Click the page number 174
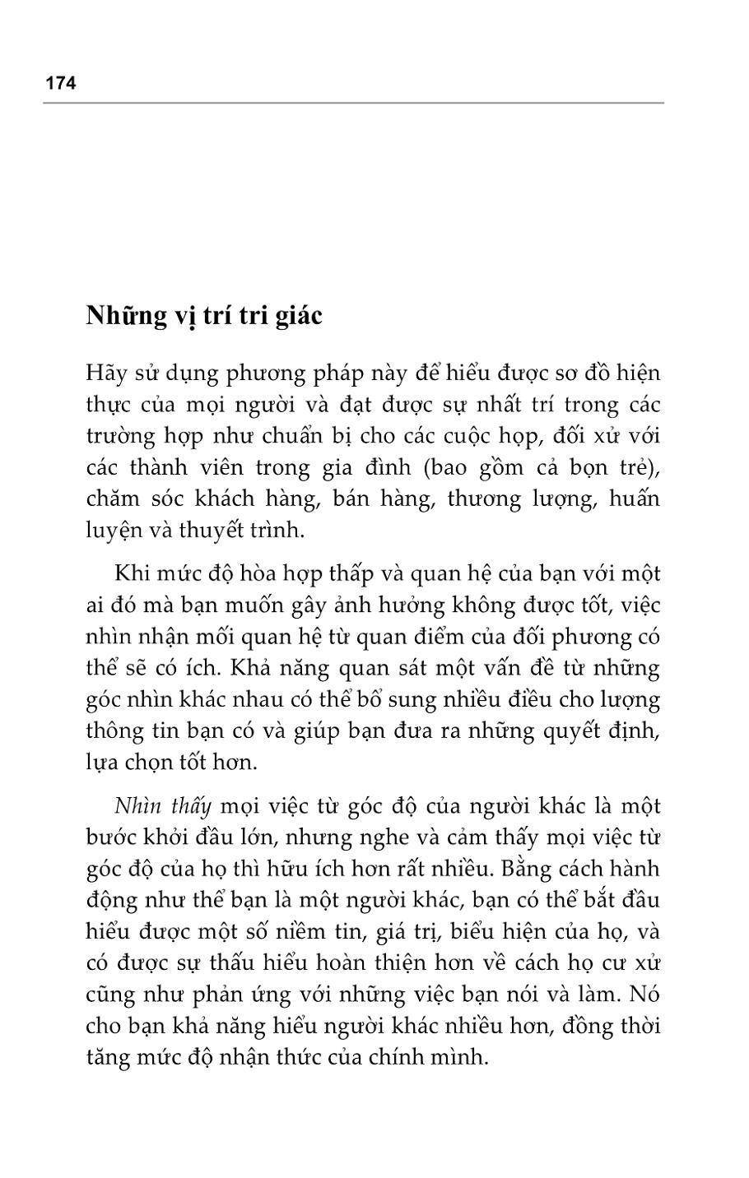(60, 83)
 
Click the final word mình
(464, 1057)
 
